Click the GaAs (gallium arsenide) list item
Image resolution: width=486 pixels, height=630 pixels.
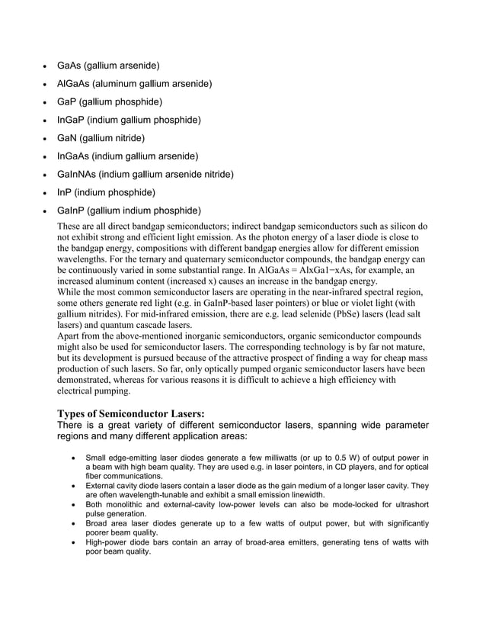click(108, 66)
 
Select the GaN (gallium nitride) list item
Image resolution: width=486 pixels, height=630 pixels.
click(101, 138)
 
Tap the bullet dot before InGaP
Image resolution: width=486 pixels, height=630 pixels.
click(40, 121)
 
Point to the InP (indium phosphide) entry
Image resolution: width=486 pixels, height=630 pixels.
click(106, 192)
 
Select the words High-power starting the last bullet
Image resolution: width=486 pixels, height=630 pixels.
click(107, 542)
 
